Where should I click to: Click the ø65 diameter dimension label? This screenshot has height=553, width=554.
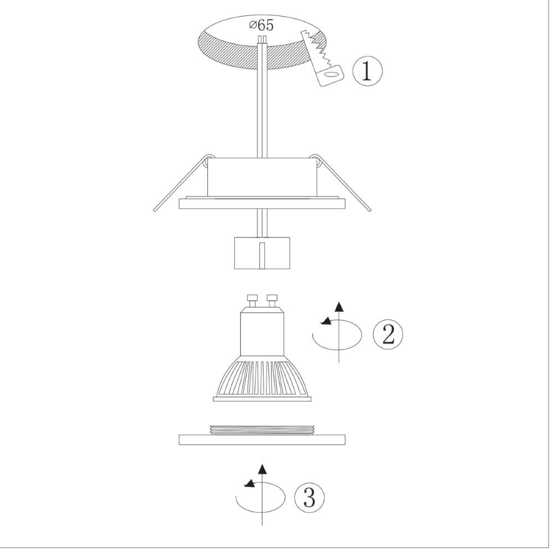tap(261, 25)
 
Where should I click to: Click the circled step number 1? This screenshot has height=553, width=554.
tap(367, 71)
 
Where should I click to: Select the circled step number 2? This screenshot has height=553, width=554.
tap(388, 334)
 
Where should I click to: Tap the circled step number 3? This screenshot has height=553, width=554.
tap(309, 498)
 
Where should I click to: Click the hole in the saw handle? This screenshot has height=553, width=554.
tap(331, 74)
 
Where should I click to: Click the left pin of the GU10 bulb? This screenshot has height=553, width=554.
tap(252, 301)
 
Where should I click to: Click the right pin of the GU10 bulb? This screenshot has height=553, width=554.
tap(271, 301)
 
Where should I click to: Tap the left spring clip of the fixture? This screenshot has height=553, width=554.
tap(182, 183)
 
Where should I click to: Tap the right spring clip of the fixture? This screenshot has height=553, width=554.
tap(341, 183)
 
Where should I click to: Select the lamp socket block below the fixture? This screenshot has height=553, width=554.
tap(262, 253)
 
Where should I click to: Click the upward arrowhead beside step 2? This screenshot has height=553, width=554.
tap(339, 307)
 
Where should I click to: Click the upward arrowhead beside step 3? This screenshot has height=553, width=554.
tap(262, 469)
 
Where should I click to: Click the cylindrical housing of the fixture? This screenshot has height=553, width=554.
tap(262, 178)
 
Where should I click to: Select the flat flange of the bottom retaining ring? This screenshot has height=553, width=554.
tap(262, 440)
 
